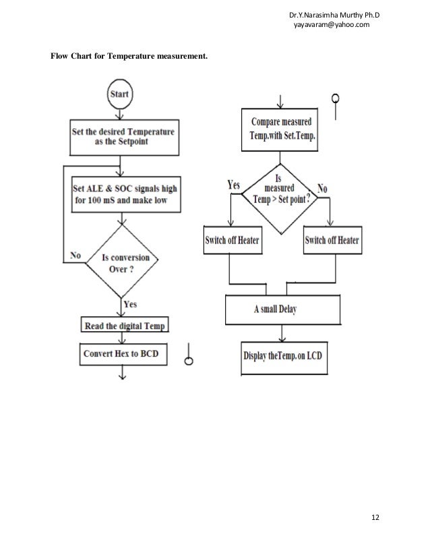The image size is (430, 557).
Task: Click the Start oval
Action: (x=119, y=94)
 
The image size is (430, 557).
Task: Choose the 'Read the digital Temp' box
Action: (x=125, y=326)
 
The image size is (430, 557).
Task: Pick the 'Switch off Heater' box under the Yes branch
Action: (x=231, y=241)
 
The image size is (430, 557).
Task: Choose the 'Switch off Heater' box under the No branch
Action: (x=332, y=241)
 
